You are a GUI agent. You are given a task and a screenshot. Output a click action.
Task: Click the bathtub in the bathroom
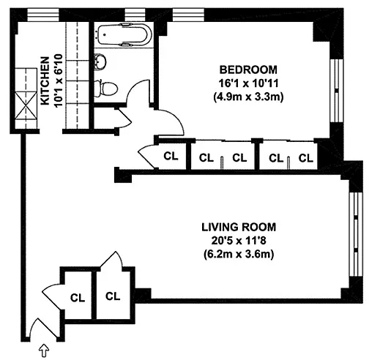[124, 34]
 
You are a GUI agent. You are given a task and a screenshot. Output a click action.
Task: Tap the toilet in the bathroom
[106, 88]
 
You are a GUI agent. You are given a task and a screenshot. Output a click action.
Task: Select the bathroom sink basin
[100, 61]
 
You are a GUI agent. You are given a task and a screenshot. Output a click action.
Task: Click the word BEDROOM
[248, 70]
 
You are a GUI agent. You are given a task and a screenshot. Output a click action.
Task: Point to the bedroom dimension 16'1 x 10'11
[248, 83]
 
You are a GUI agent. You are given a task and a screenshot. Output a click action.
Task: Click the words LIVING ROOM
[239, 227]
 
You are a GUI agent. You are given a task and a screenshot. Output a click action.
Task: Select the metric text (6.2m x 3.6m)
[239, 255]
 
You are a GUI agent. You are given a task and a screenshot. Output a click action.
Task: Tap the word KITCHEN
[45, 81]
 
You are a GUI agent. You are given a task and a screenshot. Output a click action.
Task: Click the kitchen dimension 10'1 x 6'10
[59, 80]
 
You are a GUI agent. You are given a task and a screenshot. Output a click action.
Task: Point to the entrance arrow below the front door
[44, 350]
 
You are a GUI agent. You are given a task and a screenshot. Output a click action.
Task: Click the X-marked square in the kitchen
[26, 105]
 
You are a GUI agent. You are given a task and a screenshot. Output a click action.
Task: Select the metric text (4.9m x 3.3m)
[248, 97]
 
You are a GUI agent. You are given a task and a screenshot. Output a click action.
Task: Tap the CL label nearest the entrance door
[78, 298]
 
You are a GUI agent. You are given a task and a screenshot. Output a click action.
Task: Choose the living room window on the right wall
[356, 234]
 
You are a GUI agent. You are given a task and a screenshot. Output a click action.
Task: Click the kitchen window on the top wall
[43, 15]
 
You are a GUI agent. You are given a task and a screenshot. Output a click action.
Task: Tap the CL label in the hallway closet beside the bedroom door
[171, 157]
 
